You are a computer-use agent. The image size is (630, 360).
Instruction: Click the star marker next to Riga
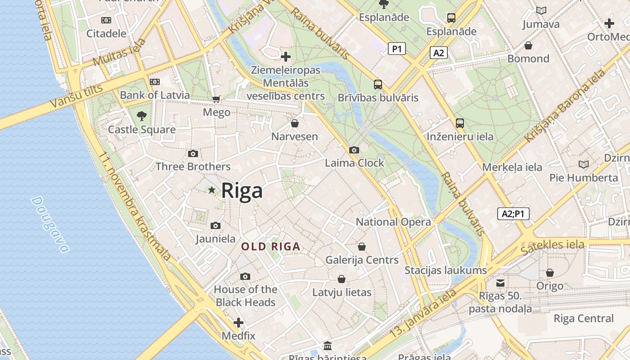click(x=211, y=190)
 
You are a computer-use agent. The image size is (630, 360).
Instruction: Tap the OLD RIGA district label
click(x=270, y=247)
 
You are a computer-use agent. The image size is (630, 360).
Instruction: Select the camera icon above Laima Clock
click(x=354, y=150)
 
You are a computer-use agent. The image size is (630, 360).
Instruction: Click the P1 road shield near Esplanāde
click(x=396, y=49)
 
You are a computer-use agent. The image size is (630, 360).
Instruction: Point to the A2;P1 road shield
click(x=513, y=214)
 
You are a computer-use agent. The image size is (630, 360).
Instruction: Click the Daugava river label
click(x=50, y=224)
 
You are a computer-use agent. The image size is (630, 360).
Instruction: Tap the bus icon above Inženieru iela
click(x=459, y=123)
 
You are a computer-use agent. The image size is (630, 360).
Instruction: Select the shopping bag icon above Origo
click(x=549, y=273)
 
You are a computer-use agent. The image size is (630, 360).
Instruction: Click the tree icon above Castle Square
click(x=142, y=116)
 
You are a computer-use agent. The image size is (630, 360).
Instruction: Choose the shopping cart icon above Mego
click(x=216, y=99)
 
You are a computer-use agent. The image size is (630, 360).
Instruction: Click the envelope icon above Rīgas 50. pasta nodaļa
click(x=500, y=283)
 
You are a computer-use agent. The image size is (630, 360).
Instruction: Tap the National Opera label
click(x=393, y=222)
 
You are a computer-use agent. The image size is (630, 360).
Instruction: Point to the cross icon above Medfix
click(x=238, y=323)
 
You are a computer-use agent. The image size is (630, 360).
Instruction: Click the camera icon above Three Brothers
click(x=193, y=153)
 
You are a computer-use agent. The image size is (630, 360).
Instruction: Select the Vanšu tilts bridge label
click(x=76, y=96)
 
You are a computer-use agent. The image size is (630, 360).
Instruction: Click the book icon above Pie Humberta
click(x=584, y=164)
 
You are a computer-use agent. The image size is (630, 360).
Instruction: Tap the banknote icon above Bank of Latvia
click(x=155, y=82)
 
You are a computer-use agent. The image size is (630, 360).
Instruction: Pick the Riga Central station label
click(x=583, y=319)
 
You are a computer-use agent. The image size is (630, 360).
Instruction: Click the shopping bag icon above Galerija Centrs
click(x=362, y=247)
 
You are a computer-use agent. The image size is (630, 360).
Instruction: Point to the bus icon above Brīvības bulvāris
click(x=378, y=84)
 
